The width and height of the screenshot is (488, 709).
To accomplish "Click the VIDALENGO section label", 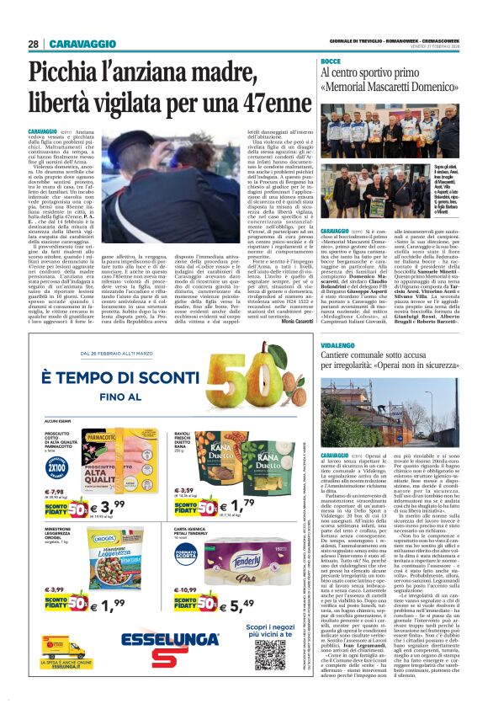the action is [x=337, y=345].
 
